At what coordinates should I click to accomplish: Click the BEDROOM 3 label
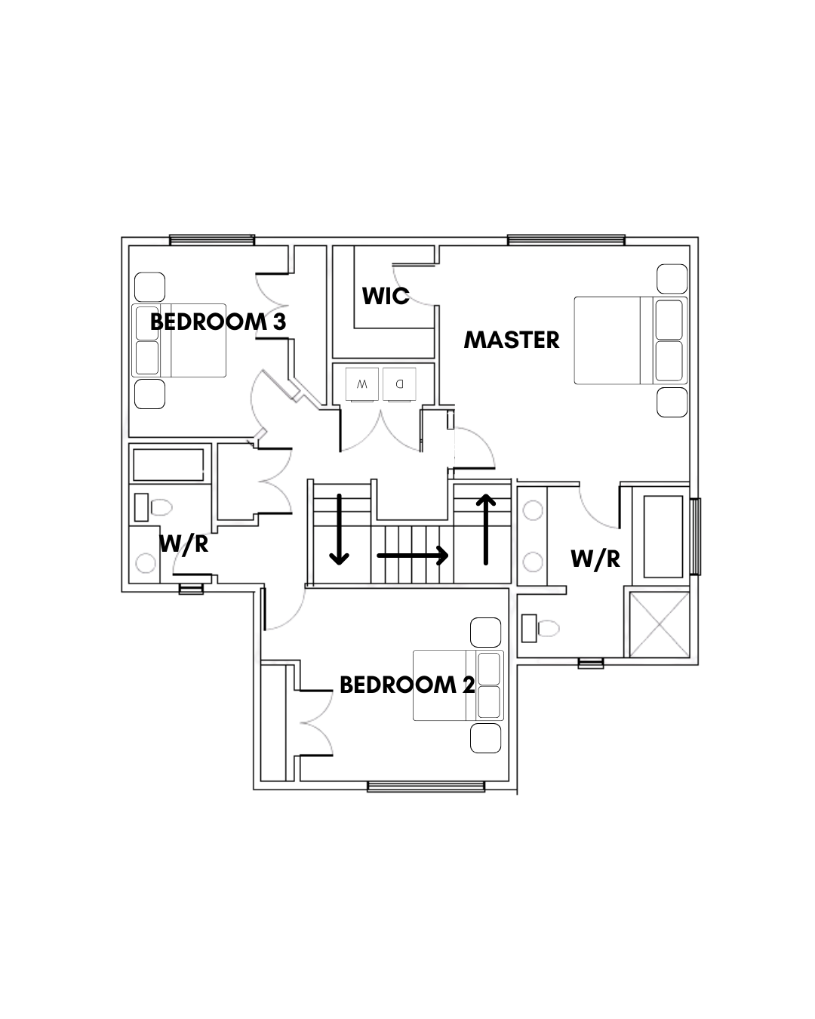tap(218, 322)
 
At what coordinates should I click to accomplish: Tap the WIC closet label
tap(386, 296)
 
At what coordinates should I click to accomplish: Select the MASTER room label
tap(512, 340)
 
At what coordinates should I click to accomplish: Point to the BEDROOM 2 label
tap(407, 685)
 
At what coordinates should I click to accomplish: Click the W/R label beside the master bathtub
tap(595, 559)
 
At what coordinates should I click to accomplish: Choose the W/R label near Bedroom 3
tap(183, 543)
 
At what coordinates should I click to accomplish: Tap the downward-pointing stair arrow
tap(339, 530)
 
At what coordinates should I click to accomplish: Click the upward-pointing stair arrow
tap(486, 530)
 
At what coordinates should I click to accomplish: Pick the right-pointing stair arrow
tap(413, 556)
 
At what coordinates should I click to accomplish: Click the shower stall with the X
tap(659, 624)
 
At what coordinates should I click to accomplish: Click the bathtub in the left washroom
tap(168, 464)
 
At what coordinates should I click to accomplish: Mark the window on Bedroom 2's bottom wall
tap(426, 787)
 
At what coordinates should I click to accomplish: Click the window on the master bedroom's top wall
tap(566, 240)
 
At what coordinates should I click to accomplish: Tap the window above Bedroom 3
tap(211, 240)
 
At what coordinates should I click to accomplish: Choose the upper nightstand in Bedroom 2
tap(485, 633)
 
